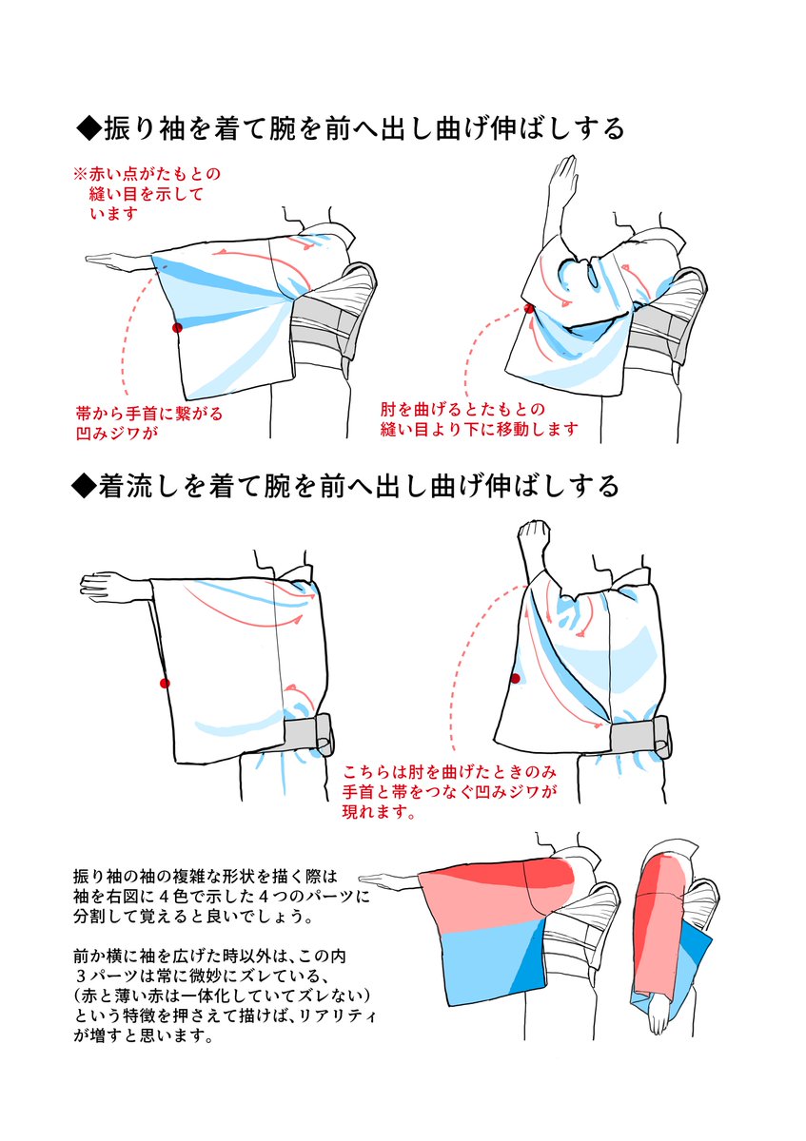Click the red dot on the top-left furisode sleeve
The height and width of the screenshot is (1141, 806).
pos(176,327)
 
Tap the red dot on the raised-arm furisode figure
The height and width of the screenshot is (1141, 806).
pos(529,308)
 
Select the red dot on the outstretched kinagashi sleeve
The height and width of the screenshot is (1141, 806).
pos(165,683)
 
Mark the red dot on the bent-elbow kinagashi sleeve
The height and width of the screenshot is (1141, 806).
pos(516,678)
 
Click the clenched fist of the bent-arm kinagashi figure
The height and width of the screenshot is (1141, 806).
pos(530,541)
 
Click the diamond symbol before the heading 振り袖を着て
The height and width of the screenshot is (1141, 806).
pos(88,127)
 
